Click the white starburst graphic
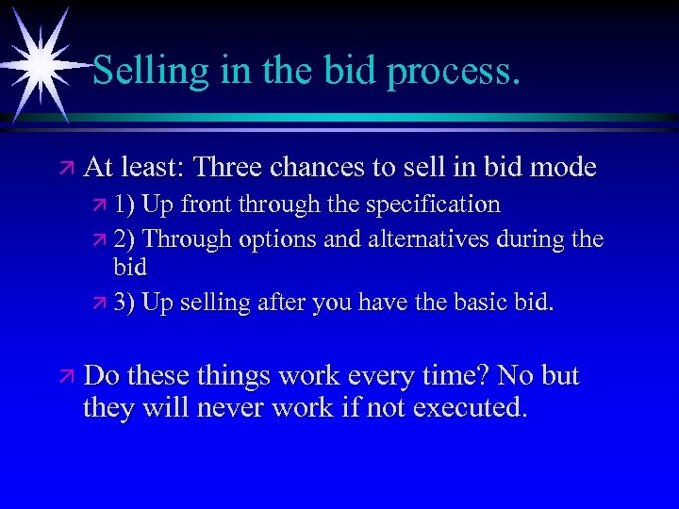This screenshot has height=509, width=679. pyautogui.click(x=39, y=62)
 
